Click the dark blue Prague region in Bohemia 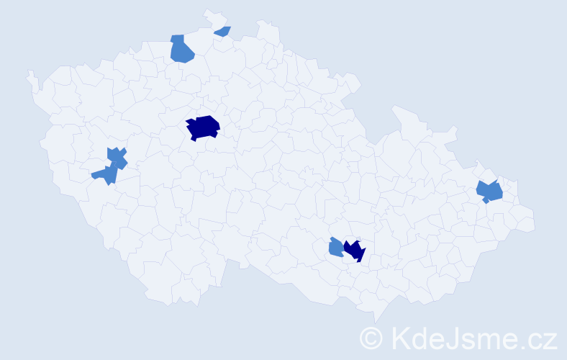tap(203, 127)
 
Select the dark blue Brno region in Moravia tap(355, 250)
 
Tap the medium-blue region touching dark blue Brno tap(335, 248)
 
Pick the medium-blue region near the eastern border tap(490, 192)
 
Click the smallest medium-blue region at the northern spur tap(223, 31)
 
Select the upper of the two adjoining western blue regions tap(117, 157)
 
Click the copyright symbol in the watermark tap(372, 337)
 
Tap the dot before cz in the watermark tap(522, 346)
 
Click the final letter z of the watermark tap(550, 339)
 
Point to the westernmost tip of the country tap(29, 73)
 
